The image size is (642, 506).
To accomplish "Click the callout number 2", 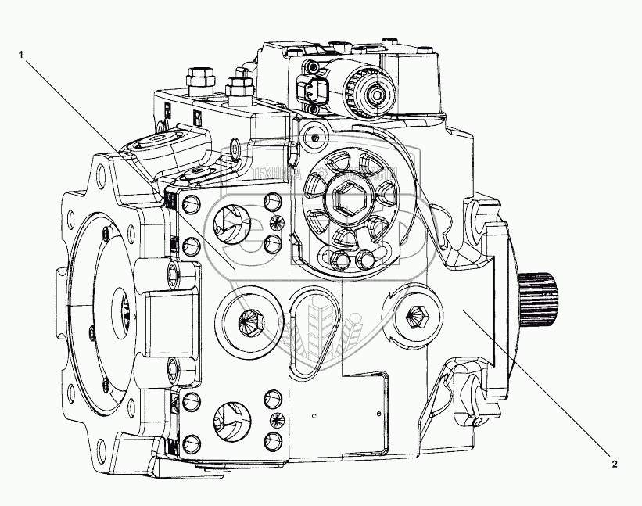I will [x=614, y=464].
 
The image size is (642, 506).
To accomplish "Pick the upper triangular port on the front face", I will [x=228, y=224].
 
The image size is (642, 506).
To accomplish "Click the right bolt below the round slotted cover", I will [x=364, y=258].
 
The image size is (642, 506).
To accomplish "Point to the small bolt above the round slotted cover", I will [x=314, y=137].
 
